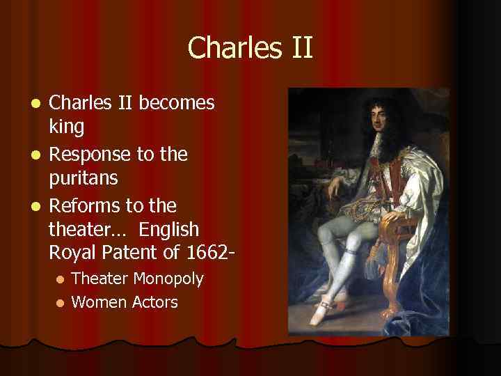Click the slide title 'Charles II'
(250, 48)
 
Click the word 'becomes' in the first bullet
(177, 103)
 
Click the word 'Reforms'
(85, 205)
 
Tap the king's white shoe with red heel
(329, 311)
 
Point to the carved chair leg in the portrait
(401, 292)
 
